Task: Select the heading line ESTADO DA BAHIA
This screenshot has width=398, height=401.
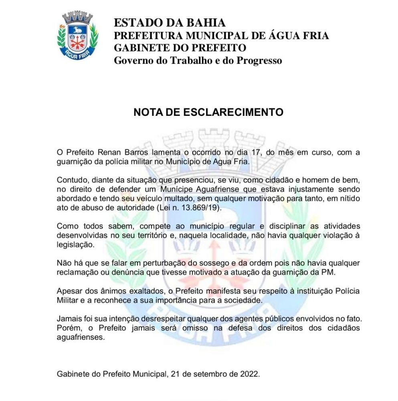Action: point(170,23)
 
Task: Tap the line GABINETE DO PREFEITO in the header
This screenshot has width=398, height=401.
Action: point(180,48)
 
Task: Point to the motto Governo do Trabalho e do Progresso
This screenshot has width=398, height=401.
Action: point(198,61)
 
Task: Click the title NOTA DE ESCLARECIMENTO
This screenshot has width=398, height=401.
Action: point(208,112)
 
